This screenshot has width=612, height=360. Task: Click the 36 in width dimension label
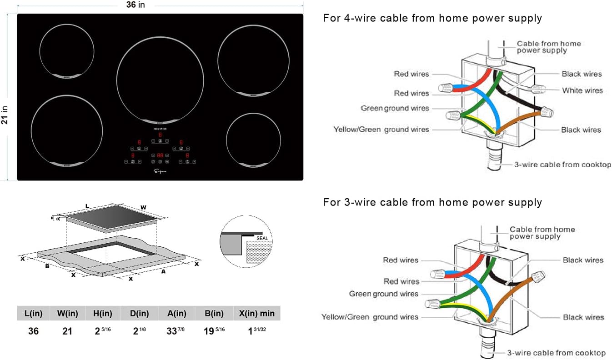pos(138,5)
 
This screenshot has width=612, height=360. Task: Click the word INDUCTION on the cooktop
pos(160,130)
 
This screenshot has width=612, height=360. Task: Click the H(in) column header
pos(103,314)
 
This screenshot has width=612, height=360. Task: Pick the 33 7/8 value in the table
pos(176,330)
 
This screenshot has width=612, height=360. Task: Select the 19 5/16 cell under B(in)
pos(213,330)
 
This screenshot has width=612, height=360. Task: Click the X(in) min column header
pos(256,314)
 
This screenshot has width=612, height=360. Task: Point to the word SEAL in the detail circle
pos(262,238)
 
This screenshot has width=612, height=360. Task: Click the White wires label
pos(582,90)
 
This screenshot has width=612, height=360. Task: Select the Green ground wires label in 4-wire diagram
pos(395,108)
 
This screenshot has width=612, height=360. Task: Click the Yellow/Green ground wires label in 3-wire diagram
pos(370,316)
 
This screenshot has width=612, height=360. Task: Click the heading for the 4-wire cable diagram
pos(432,18)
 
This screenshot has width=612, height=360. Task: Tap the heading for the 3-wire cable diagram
pos(432,202)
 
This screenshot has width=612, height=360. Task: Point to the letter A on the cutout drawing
pos(163,271)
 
